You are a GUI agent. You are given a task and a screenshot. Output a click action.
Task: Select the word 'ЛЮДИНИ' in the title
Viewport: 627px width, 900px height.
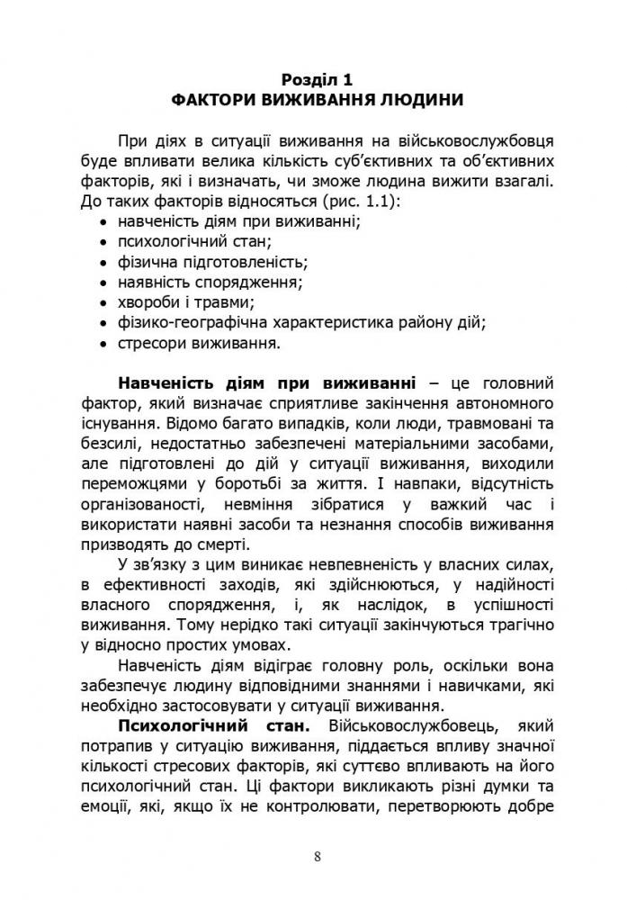(x=418, y=100)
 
